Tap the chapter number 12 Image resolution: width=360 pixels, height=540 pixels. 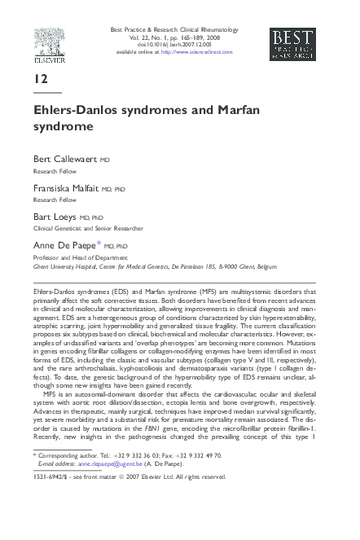pos(41,79)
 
